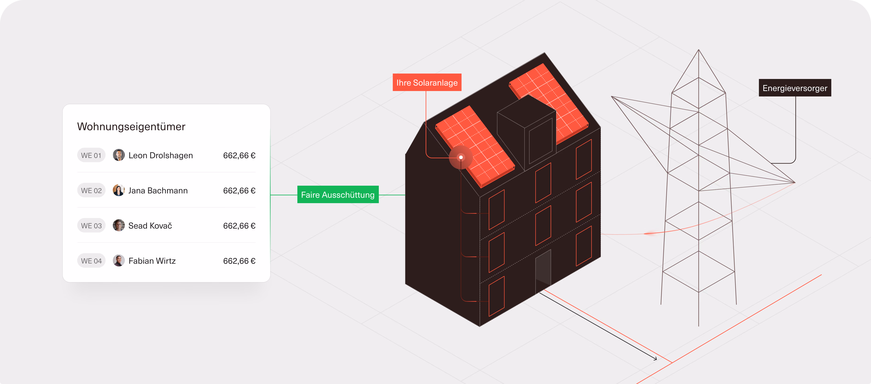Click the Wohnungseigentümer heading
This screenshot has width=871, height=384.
pyautogui.click(x=131, y=126)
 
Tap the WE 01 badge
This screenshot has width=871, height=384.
pyautogui.click(x=91, y=155)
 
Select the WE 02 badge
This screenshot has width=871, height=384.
pyautogui.click(x=91, y=190)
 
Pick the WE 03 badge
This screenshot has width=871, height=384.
pyautogui.click(x=91, y=225)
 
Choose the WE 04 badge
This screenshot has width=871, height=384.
pyautogui.click(x=91, y=261)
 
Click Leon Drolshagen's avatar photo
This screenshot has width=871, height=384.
pyautogui.click(x=119, y=155)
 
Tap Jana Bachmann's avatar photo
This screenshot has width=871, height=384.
pyautogui.click(x=119, y=190)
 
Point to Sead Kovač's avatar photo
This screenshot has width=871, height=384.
pyautogui.click(x=119, y=225)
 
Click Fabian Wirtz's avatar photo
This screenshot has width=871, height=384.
pyautogui.click(x=119, y=261)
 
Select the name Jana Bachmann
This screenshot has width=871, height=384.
pyautogui.click(x=158, y=191)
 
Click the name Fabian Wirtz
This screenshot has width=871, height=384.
pyautogui.click(x=152, y=261)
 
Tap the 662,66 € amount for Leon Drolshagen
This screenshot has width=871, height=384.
pyautogui.click(x=239, y=156)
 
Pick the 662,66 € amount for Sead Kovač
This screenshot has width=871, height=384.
pyautogui.click(x=239, y=226)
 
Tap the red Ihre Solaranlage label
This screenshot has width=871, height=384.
pyautogui.click(x=427, y=82)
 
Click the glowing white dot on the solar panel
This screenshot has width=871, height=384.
pyautogui.click(x=461, y=157)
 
